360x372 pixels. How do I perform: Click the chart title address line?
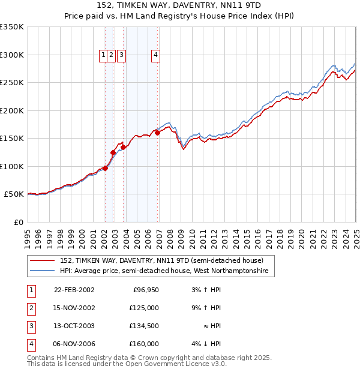(180, 5)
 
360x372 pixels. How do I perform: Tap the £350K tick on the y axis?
(13, 27)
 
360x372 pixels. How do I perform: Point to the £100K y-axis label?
(13, 166)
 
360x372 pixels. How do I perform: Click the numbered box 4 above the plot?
(155, 55)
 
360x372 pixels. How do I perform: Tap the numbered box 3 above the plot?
(121, 55)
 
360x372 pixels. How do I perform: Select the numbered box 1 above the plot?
(104, 55)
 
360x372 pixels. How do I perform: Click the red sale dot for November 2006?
(157, 133)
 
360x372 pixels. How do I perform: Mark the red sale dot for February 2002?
(105, 168)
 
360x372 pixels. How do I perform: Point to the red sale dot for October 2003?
(123, 147)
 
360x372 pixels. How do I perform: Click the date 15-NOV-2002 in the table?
(74, 308)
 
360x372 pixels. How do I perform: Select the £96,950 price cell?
(146, 290)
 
